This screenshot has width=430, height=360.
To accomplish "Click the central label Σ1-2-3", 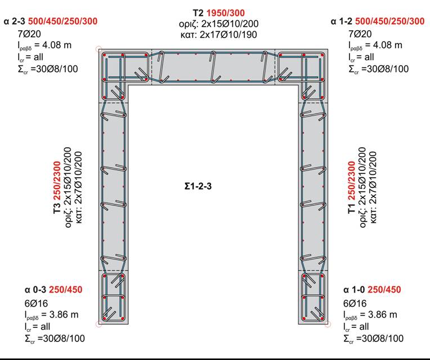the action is pos(198,186).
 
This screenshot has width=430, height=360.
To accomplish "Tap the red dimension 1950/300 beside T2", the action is pos(226,13).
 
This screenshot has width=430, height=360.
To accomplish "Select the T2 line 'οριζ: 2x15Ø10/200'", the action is pos(218,24).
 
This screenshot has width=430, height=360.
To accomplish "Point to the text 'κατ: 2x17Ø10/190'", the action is pos(218,35).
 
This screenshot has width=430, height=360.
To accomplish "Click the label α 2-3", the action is pos(14,21).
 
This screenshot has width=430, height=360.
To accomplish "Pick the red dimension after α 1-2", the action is pos(389,21).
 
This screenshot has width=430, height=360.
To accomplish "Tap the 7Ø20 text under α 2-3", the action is pos(29,34).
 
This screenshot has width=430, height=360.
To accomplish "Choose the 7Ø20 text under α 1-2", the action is pos(360,34).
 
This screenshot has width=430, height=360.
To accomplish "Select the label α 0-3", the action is pos(35,290).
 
